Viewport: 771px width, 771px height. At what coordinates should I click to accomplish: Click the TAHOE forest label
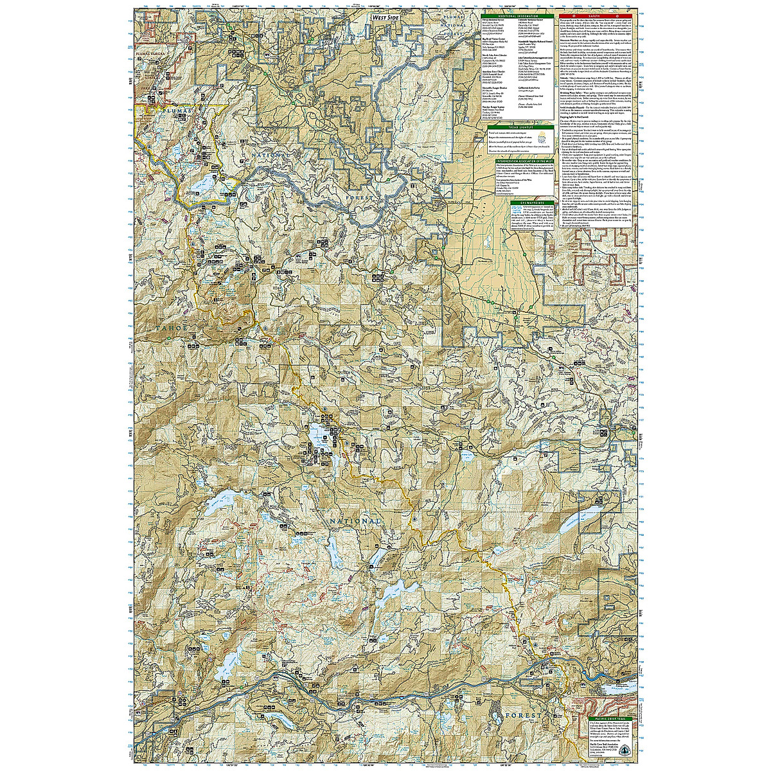[172, 328]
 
